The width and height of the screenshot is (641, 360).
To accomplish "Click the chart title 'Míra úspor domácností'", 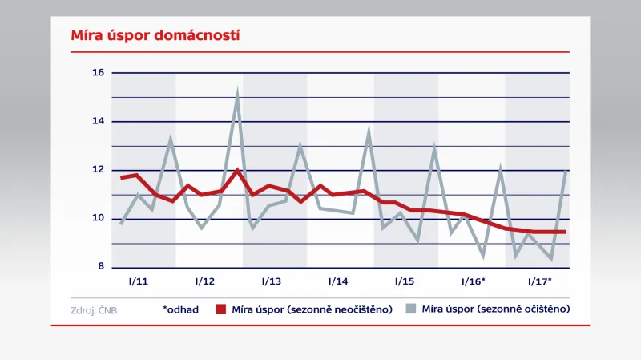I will click(x=145, y=36).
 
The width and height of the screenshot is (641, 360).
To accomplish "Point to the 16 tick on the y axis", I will click(x=98, y=73).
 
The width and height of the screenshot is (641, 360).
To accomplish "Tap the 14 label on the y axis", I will click(x=98, y=121).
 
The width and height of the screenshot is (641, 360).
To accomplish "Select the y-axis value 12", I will click(x=98, y=170).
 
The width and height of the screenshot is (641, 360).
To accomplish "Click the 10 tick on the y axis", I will click(x=98, y=218).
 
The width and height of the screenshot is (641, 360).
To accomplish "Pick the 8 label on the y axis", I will click(x=100, y=267).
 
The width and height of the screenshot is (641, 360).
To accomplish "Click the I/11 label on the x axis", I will click(x=139, y=282).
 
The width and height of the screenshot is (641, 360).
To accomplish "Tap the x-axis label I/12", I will click(x=204, y=282).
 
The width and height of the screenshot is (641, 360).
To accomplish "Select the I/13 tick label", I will click(x=272, y=282).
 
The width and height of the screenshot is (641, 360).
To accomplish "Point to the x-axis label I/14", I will click(x=338, y=282).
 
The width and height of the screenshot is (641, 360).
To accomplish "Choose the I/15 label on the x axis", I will click(x=405, y=282).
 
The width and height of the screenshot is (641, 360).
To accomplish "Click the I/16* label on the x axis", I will click(x=473, y=282).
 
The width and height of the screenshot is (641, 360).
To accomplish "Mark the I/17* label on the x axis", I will click(x=539, y=282).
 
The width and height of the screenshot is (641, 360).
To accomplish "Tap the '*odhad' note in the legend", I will click(x=181, y=309).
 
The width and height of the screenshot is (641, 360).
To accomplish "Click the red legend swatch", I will click(x=221, y=309).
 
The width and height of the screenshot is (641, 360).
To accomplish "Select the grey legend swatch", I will click(x=411, y=309).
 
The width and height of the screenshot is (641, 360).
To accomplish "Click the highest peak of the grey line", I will click(x=237, y=94).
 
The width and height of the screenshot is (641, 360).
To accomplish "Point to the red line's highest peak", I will click(x=237, y=170).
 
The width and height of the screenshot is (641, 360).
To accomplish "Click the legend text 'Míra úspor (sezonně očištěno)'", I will click(x=495, y=309).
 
